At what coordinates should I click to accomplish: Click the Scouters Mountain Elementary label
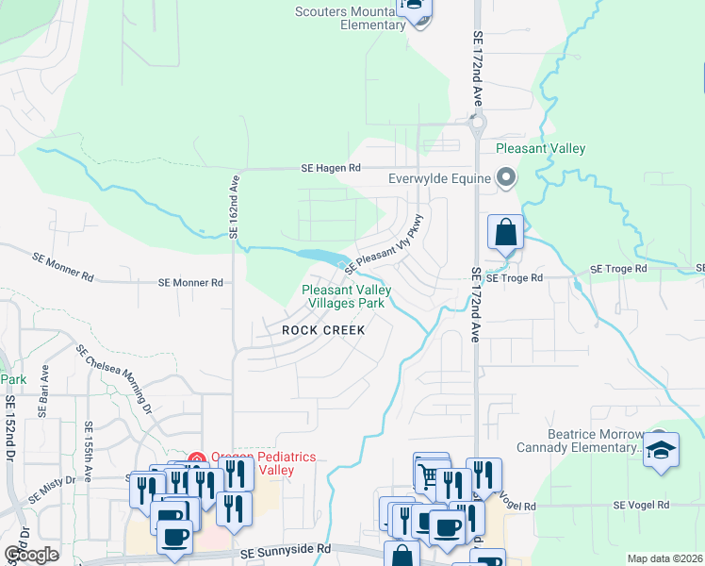tap(350, 18)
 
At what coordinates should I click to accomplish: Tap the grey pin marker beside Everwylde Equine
tap(506, 177)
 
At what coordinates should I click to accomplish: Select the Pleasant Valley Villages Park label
tap(343, 297)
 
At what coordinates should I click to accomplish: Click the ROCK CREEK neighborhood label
tap(323, 330)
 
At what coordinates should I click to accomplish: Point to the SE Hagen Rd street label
tap(331, 168)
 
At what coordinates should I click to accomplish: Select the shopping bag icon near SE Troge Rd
tap(506, 232)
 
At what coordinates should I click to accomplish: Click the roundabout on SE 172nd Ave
tap(477, 122)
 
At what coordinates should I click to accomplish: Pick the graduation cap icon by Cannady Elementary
tap(661, 449)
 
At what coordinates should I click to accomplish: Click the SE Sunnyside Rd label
tap(286, 549)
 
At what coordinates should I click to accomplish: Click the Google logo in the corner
tap(32, 555)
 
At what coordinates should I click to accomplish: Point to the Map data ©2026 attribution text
tap(664, 558)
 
